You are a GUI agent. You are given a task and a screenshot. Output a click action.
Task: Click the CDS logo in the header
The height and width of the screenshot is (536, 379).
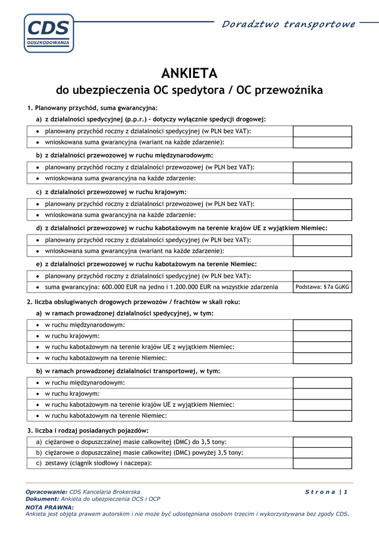[49, 32]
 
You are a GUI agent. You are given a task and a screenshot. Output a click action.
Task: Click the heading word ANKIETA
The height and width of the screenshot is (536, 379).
[189, 73]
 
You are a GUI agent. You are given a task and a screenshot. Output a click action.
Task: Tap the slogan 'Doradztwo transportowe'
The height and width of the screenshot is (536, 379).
[289, 24]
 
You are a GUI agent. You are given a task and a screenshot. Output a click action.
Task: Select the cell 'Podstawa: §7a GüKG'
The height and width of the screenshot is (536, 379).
[322, 287]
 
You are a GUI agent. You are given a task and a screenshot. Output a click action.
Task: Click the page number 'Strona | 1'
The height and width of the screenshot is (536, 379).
[326, 492]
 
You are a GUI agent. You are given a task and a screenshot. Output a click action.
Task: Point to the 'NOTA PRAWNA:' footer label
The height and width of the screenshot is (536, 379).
[50, 507]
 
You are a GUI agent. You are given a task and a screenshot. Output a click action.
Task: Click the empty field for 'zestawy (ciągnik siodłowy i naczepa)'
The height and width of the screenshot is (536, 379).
[322, 463]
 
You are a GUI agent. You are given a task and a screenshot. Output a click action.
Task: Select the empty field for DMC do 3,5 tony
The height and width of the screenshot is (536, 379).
[322, 442]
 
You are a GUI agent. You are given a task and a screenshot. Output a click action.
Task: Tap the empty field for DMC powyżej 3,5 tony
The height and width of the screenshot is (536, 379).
[322, 452]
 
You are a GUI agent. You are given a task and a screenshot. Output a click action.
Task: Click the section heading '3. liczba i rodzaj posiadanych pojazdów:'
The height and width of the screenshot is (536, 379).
[88, 431]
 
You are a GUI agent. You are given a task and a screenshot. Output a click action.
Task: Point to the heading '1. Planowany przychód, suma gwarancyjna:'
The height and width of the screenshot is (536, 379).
[92, 108]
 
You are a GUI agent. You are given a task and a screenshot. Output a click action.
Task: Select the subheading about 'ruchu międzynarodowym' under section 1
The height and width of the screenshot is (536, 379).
[124, 155]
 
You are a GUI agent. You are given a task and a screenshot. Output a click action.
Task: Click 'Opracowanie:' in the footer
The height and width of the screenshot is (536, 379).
[47, 492]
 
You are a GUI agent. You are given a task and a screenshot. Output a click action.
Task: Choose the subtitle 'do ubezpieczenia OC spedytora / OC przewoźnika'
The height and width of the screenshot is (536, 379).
[189, 90]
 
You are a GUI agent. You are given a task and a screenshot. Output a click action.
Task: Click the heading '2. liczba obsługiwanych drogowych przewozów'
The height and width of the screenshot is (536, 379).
[133, 302]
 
